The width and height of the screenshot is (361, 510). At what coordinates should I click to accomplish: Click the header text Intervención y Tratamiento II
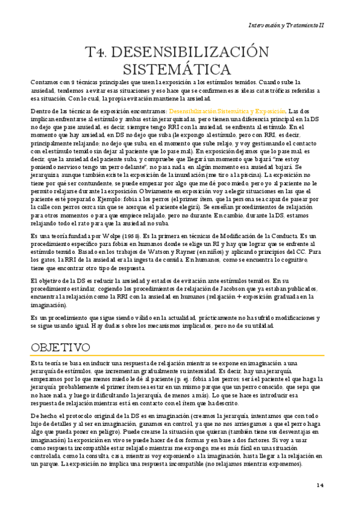[286, 25]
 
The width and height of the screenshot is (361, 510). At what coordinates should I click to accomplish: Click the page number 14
[320, 485]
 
